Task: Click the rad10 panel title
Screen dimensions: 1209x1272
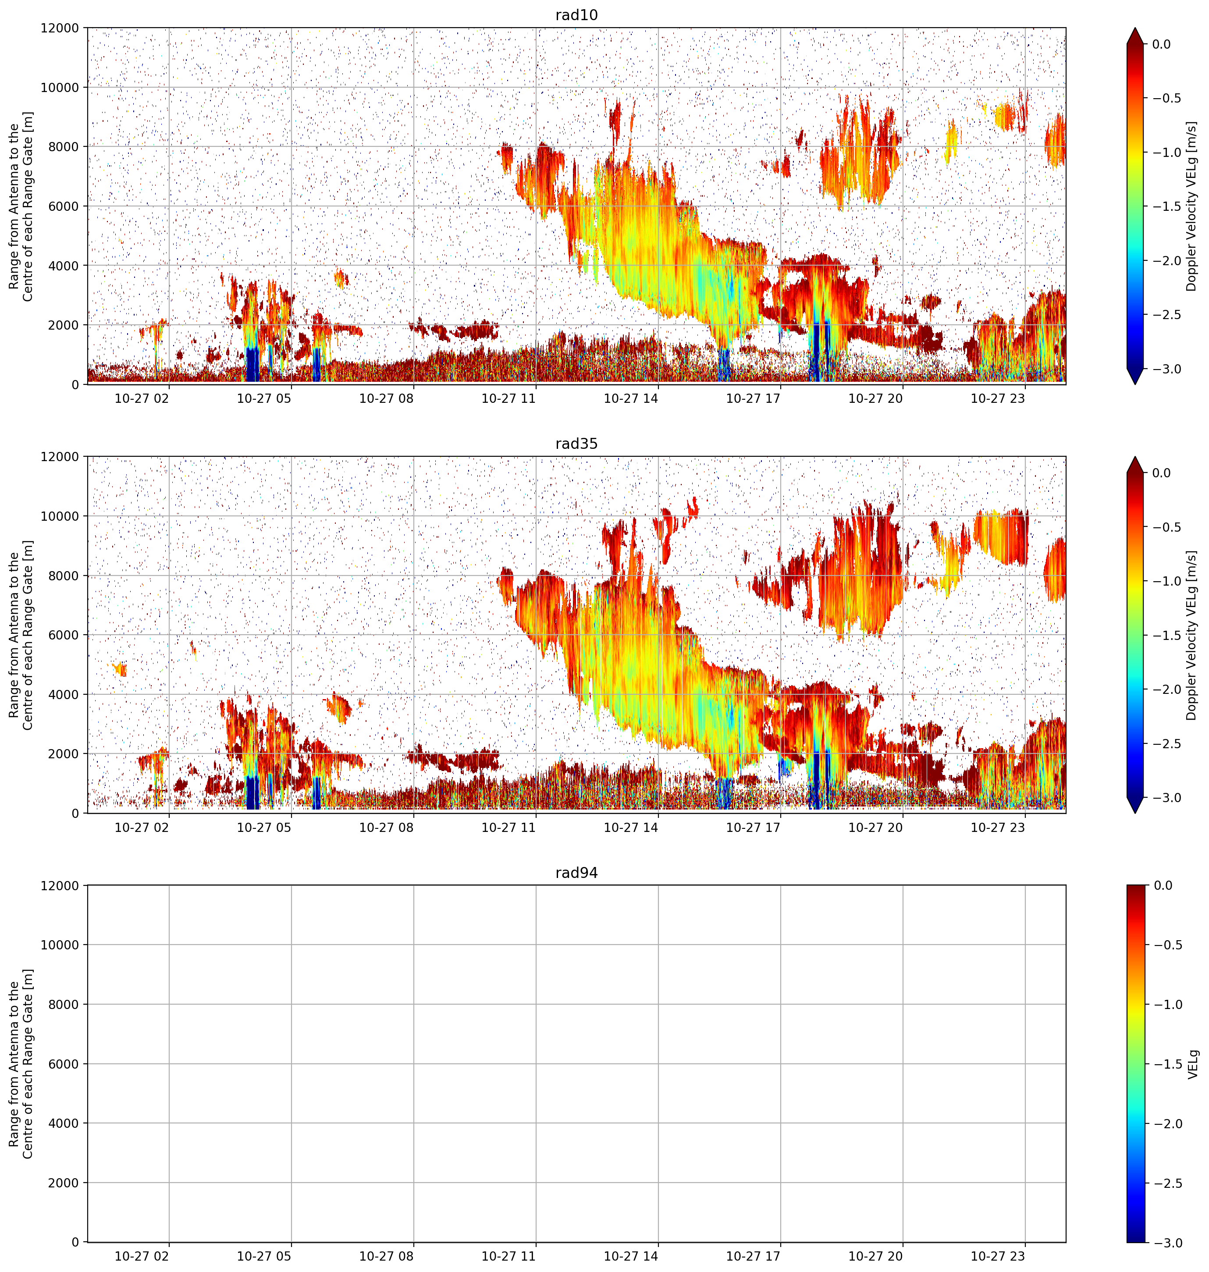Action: [x=576, y=15]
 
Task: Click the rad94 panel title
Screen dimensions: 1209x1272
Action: [x=576, y=873]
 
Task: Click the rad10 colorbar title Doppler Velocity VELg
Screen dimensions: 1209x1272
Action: [x=1191, y=206]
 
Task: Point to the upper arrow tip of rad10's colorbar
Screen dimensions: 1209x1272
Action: [x=1135, y=28]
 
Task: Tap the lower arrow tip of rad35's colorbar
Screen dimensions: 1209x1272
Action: [x=1135, y=813]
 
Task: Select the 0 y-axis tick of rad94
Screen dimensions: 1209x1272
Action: [x=75, y=1242]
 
